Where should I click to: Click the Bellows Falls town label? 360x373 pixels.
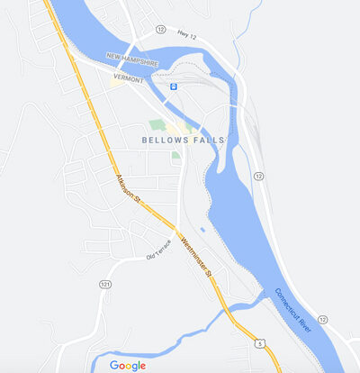tap(181, 140)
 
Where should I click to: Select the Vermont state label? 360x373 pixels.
tap(129, 79)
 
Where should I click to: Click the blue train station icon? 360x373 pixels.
tap(173, 86)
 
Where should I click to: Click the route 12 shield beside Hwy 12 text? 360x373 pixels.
tap(160, 30)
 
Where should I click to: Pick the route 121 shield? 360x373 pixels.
tap(105, 284)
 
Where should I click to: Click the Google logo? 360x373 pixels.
tap(127, 365)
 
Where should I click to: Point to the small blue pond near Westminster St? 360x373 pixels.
tap(202, 230)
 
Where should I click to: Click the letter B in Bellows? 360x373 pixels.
tap(145, 140)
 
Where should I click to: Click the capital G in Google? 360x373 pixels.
tap(113, 365)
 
